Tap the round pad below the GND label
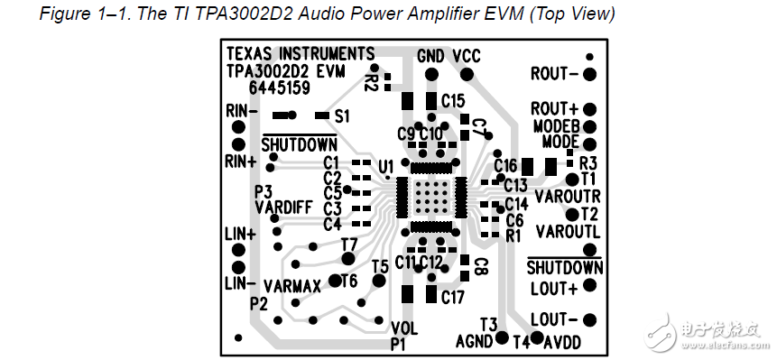click(431, 74)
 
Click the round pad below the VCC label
click(466, 74)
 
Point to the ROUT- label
click(554, 73)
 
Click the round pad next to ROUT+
click(590, 108)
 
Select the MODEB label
click(555, 125)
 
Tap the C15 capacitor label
click(452, 99)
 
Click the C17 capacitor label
click(452, 296)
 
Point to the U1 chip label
click(385, 167)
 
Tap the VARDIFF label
click(282, 207)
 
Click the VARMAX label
click(292, 286)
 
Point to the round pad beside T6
click(336, 281)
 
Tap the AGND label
click(475, 342)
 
